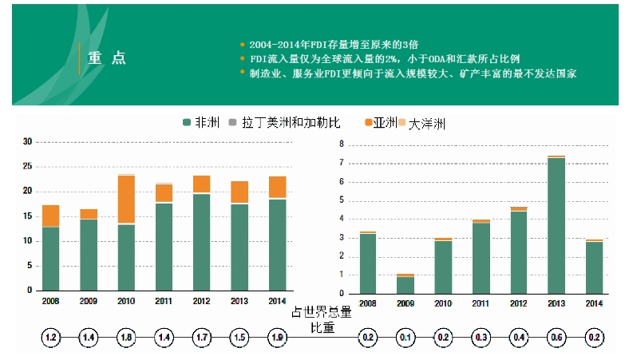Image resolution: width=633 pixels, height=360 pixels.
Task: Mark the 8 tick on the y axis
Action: coord(341,144)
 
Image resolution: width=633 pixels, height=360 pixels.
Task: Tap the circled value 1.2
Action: coord(50,338)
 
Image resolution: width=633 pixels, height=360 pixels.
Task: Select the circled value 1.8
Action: coord(126,338)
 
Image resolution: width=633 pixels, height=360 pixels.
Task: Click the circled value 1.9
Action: coord(277,338)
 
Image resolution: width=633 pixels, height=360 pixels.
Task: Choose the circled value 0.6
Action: coord(556,338)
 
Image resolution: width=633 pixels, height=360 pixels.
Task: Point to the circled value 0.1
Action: coord(406,338)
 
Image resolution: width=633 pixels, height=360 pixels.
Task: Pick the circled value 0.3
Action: coord(481,338)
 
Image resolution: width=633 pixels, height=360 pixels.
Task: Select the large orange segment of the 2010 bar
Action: coord(126,200)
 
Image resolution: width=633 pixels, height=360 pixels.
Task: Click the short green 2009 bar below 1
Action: coord(406,284)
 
